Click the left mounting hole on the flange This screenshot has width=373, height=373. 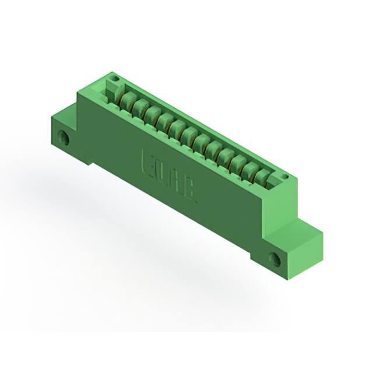tap(64, 139)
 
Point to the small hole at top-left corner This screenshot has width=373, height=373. tap(115, 78)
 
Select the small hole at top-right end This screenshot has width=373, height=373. tap(284, 177)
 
